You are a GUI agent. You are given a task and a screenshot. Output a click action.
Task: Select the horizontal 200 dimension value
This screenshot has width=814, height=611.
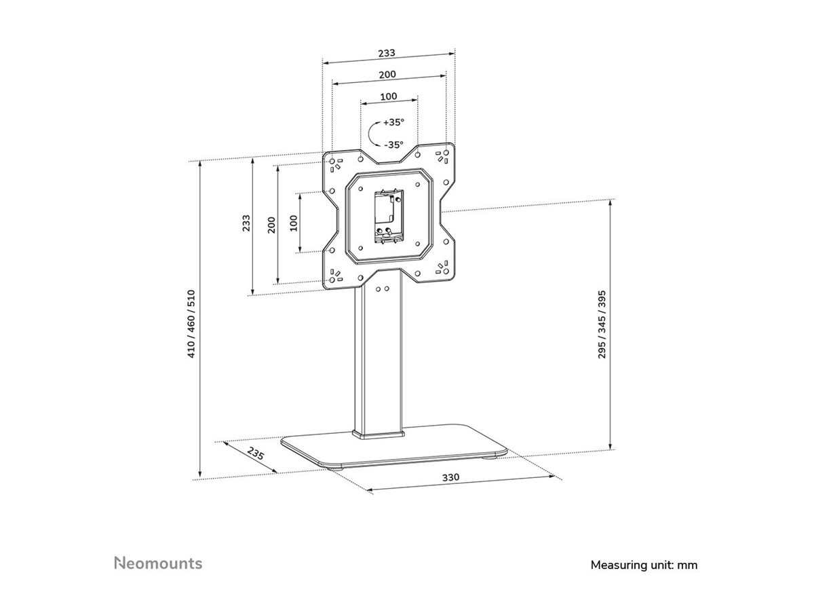388,74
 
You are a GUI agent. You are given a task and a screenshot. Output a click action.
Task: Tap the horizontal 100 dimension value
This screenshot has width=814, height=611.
388,96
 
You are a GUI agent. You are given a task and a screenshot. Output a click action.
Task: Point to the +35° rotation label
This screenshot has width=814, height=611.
393,123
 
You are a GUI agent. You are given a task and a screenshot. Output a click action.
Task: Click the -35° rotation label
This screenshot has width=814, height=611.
393,145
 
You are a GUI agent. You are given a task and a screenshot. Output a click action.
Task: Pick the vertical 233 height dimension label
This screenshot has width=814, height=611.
246,224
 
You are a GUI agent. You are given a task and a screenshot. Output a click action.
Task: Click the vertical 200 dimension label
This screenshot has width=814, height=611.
271,225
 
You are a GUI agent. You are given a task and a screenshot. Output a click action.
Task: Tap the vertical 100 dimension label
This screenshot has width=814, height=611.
294,223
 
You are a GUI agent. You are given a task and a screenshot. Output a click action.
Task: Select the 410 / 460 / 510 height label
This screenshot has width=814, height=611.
192,324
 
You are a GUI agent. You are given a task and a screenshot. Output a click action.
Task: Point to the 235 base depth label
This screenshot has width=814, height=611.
256,455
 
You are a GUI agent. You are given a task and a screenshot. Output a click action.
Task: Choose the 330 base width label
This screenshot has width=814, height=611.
451,477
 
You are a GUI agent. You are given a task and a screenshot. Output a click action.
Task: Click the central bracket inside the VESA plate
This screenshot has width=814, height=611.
388,216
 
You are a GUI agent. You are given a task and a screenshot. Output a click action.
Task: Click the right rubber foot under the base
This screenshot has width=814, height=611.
486,459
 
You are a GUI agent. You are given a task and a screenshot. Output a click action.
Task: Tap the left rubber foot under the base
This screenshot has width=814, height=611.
336,466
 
